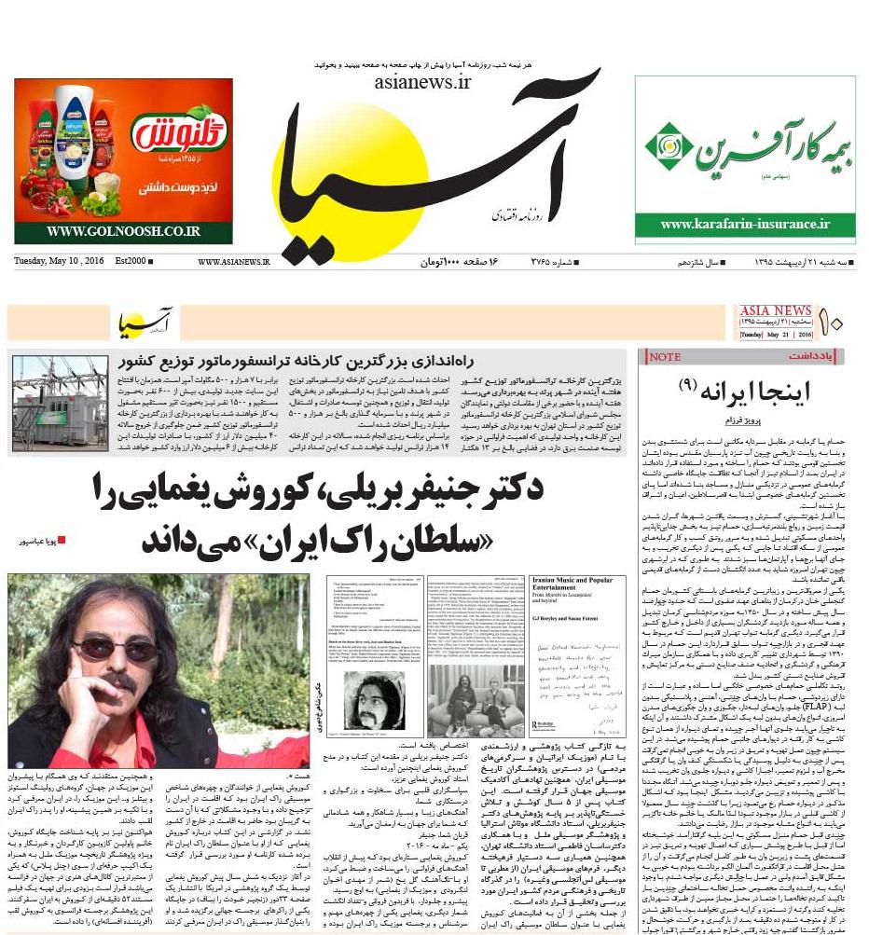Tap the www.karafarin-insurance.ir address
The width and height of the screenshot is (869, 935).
pyautogui.click(x=744, y=224)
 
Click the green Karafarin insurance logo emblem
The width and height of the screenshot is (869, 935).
pyautogui.click(x=669, y=145)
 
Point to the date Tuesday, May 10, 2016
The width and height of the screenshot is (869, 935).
pyautogui.click(x=59, y=261)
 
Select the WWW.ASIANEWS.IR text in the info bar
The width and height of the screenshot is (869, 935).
pyautogui.click(x=233, y=262)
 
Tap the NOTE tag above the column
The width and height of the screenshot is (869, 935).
pyautogui.click(x=665, y=357)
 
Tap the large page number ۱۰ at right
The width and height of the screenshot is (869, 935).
pyautogui.click(x=832, y=323)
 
